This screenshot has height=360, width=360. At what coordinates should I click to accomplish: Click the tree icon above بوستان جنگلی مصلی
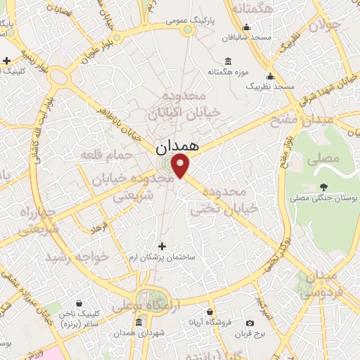323,187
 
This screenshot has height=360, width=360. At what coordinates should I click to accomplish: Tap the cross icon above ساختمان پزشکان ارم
162,246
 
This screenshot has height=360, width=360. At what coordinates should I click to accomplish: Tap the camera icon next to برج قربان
250,323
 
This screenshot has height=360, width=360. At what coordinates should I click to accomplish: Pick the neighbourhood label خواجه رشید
78,258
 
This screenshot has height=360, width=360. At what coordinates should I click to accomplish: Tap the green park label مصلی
328,159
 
